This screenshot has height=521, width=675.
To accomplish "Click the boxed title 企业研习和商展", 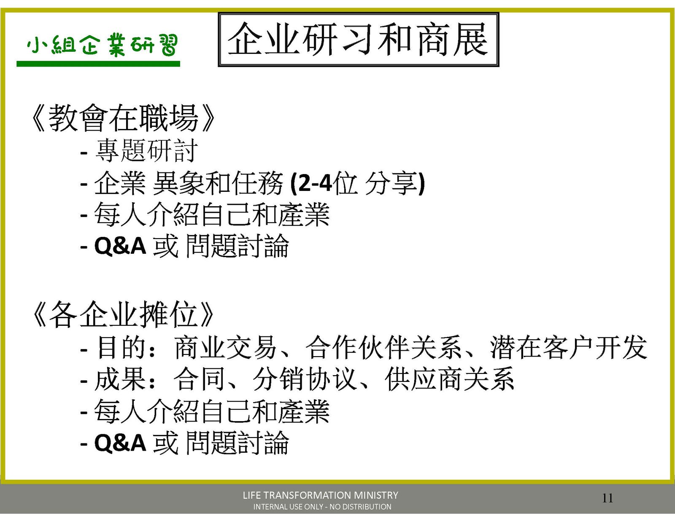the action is coord(358,39).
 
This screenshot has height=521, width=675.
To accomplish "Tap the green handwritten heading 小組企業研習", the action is coord(103,46).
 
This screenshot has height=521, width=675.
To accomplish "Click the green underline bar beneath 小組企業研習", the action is coord(98,64).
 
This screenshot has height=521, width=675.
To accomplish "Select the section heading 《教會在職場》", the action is coord(123,118).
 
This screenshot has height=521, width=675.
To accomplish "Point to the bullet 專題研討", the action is coord(146,151).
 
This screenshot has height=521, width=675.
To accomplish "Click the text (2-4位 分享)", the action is coord(357,184).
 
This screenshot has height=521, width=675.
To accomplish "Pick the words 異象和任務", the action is coord(218,183).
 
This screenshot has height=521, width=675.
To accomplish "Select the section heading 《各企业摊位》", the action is coord(123,314).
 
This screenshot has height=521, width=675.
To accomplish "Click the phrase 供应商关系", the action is coord(449,379).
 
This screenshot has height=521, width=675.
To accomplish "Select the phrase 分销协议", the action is coord(305,379).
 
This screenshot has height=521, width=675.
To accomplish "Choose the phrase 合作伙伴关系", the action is coord(383,347).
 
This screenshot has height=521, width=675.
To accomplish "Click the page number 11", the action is coord(607,498).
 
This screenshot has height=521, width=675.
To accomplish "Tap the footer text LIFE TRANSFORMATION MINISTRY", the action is coord(321,495).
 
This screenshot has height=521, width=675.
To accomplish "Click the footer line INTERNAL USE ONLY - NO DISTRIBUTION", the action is coord(322,507).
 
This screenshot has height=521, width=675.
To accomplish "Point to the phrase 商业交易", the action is coord(226,347).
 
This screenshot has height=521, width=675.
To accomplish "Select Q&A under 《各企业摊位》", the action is coord(120,443).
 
